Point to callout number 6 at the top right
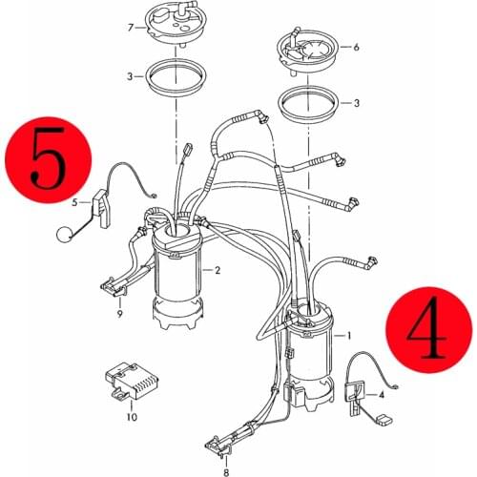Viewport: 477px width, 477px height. (355, 46)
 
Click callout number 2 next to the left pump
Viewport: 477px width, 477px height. (218, 270)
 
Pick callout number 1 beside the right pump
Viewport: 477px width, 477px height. (349, 336)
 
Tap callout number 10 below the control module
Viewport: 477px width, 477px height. (131, 417)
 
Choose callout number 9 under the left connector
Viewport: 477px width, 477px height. (119, 313)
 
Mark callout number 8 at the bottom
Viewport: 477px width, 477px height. (225, 471)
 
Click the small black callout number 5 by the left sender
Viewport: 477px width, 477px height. (73, 203)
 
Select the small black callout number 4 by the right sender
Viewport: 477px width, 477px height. (382, 393)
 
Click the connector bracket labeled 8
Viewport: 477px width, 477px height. (225, 442)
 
